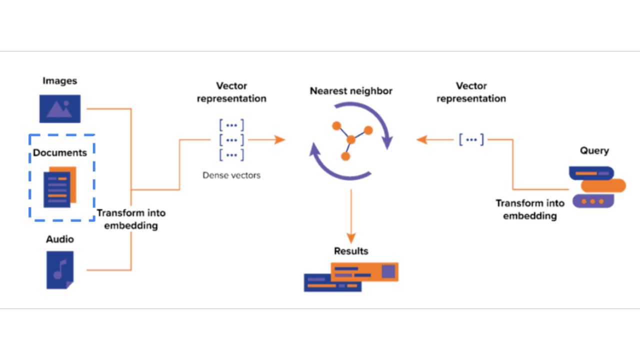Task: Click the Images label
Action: click(59, 81)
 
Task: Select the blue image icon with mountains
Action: click(60, 108)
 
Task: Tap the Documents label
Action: click(60, 153)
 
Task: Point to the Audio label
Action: click(60, 239)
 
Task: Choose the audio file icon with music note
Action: click(60, 270)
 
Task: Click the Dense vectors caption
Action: click(231, 175)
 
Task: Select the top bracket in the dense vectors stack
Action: click(231, 125)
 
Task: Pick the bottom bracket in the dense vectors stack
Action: click(231, 155)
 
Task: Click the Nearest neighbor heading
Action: click(351, 91)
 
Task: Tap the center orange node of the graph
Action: click(351, 139)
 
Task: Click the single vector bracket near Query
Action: click(471, 139)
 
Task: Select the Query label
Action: click(594, 150)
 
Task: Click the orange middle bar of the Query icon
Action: click(603, 186)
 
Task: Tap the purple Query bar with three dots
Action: click(593, 201)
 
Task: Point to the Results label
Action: click(351, 251)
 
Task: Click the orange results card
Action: click(365, 271)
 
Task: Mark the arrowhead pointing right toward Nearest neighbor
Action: click(279, 139)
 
